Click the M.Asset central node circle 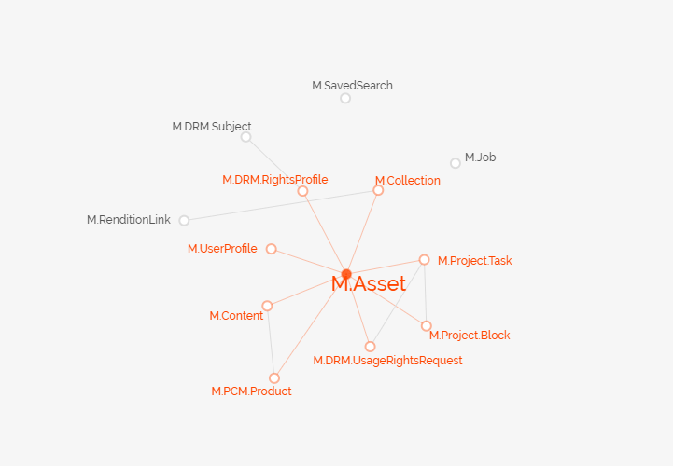point(346,274)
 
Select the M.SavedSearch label point(352,86)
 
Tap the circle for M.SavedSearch point(345,98)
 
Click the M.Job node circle point(456,163)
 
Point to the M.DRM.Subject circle point(245,137)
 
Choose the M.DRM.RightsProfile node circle point(302,191)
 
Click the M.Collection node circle point(378,190)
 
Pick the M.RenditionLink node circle point(184,221)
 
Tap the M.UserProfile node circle point(271,249)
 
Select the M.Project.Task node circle point(424,260)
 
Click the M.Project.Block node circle point(427,326)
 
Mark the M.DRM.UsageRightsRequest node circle point(371,347)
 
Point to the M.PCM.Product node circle point(274,378)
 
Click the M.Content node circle point(267,306)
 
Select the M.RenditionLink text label point(129,220)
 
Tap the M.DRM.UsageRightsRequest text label point(387,361)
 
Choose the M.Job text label point(481,158)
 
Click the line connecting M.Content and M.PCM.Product point(271,342)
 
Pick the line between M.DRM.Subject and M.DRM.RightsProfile point(273,164)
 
